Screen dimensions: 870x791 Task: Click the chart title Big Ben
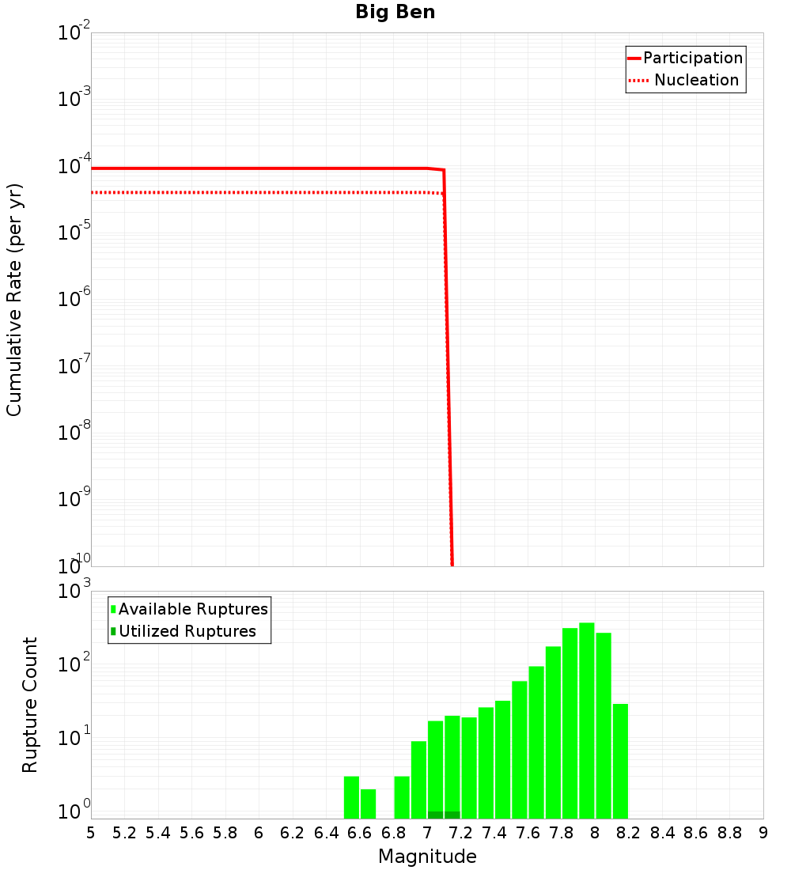(395, 12)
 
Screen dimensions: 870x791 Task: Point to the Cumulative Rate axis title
(14, 299)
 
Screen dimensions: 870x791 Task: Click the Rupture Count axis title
(30, 705)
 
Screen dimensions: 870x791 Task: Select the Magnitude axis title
(427, 857)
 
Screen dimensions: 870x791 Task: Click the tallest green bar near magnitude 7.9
(587, 720)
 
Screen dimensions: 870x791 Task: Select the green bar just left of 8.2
(620, 759)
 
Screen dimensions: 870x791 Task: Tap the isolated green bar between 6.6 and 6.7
(369, 803)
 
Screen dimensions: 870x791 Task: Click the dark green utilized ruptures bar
(444, 815)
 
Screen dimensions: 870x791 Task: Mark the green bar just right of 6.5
(351, 797)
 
